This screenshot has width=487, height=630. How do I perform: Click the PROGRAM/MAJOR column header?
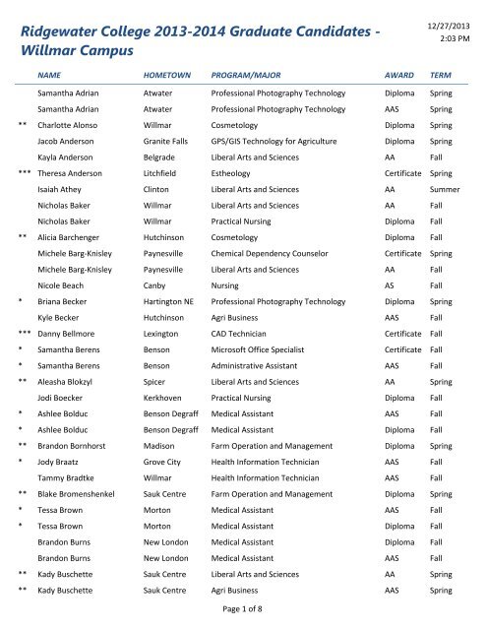click(x=250, y=75)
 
